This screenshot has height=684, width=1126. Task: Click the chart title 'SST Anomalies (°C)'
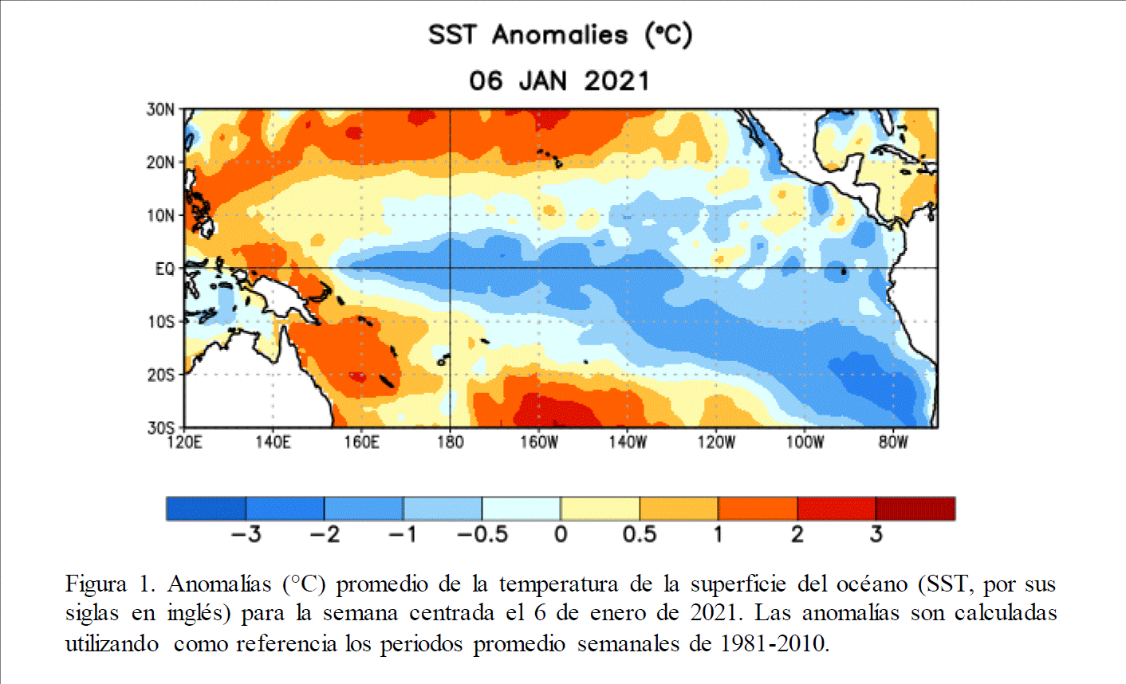pyautogui.click(x=560, y=35)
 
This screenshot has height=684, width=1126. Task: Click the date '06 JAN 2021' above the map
pyautogui.click(x=559, y=81)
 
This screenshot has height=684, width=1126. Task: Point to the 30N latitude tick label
pyautogui.click(x=160, y=109)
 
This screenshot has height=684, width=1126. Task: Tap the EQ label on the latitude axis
pyautogui.click(x=164, y=269)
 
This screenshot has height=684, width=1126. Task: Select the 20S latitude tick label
pyautogui.click(x=160, y=375)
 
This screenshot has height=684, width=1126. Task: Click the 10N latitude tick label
pyautogui.click(x=160, y=215)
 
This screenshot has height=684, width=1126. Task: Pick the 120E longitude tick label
pyautogui.click(x=184, y=442)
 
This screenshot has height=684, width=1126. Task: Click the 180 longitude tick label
pyautogui.click(x=450, y=442)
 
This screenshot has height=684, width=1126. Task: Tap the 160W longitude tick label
pyautogui.click(x=539, y=442)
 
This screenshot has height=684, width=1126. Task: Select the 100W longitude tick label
pyautogui.click(x=805, y=442)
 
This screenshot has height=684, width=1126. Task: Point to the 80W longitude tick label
pyautogui.click(x=893, y=442)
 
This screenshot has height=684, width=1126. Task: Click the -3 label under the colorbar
pyautogui.click(x=246, y=534)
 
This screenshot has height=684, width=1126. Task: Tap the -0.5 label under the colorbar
pyautogui.click(x=482, y=534)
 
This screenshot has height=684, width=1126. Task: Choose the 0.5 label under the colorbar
pyautogui.click(x=640, y=534)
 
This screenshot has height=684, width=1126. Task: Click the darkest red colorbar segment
pyautogui.click(x=915, y=509)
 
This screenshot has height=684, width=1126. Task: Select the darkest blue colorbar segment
pyautogui.click(x=206, y=509)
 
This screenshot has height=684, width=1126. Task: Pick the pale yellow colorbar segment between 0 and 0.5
pyautogui.click(x=600, y=509)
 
